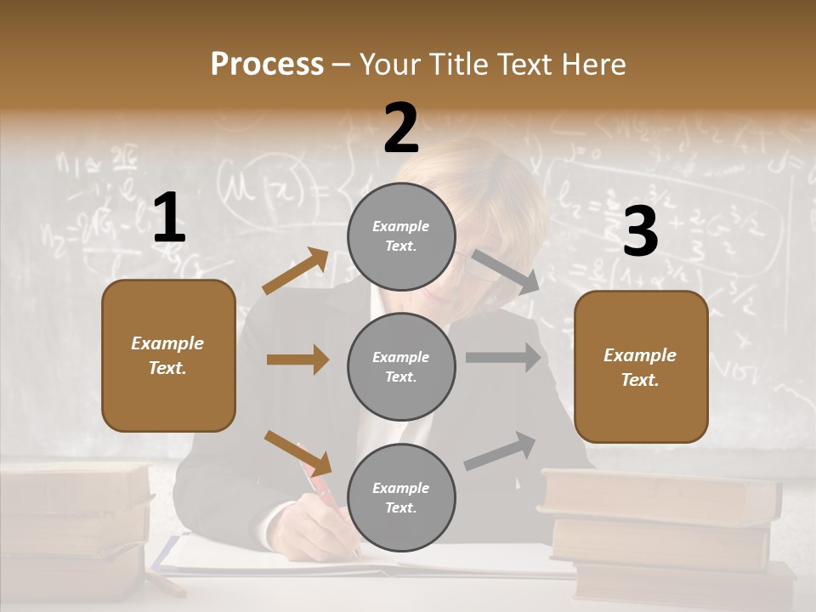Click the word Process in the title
[267, 64]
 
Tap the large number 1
[168, 218]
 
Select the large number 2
[401, 128]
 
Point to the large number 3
[640, 232]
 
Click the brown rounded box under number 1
[168, 355]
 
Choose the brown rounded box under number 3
[641, 367]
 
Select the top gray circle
[401, 236]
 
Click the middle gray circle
[401, 366]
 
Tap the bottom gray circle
[401, 497]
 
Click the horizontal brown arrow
[297, 360]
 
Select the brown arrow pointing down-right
[297, 452]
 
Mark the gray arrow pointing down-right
[506, 272]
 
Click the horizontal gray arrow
[503, 358]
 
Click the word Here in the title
[592, 64]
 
